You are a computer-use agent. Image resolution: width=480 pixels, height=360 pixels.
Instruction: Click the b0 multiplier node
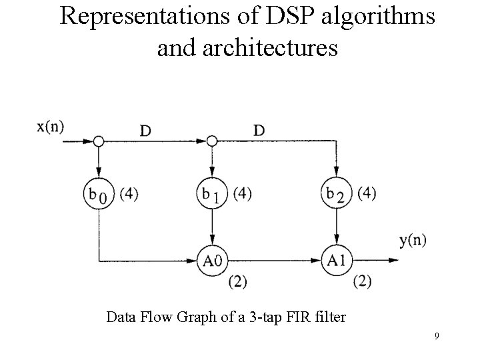(x=99, y=195)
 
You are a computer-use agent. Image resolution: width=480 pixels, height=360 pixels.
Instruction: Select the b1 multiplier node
(x=212, y=195)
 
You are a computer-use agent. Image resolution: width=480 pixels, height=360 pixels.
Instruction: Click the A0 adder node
(x=212, y=259)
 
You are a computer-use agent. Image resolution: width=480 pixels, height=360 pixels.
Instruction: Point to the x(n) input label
(x=51, y=126)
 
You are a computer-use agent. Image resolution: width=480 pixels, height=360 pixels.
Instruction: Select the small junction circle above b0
(x=99, y=141)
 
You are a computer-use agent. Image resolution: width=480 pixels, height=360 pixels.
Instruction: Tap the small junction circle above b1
(x=212, y=141)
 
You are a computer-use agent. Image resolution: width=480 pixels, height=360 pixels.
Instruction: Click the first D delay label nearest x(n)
(x=145, y=130)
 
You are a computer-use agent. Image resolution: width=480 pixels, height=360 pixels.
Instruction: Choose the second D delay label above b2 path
(x=259, y=130)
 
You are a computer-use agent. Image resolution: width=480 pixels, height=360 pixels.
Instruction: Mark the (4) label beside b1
(x=241, y=195)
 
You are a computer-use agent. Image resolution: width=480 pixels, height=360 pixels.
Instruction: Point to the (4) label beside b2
(x=366, y=194)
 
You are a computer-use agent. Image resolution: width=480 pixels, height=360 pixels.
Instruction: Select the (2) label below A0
(x=237, y=281)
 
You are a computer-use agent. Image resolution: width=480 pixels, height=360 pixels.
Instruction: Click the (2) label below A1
(x=361, y=281)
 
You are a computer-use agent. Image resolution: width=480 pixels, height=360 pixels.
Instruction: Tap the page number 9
(x=436, y=336)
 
